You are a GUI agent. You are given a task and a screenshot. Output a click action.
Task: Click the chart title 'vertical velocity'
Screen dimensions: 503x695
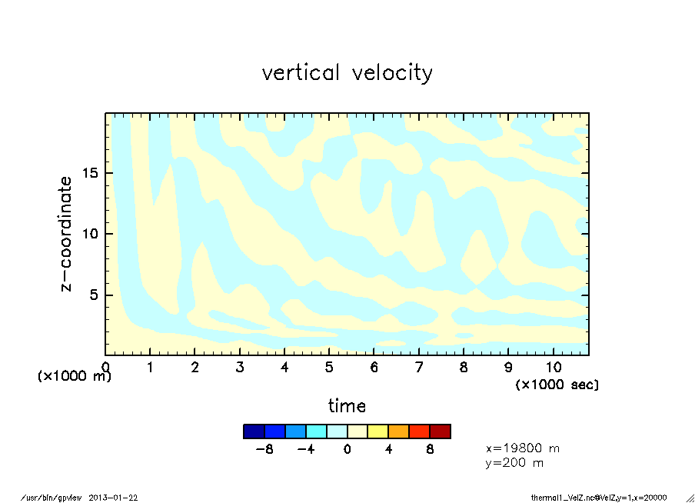[x=347, y=73]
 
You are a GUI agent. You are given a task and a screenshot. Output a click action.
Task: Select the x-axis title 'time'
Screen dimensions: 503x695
[x=347, y=405]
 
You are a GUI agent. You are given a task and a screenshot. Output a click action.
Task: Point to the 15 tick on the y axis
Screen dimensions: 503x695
[x=91, y=172]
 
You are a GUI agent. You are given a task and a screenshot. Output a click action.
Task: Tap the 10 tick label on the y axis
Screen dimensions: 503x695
[x=91, y=234]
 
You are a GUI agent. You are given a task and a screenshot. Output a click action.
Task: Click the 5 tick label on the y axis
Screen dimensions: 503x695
[x=94, y=295]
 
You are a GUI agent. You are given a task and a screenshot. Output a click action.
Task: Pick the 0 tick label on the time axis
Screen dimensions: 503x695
[x=105, y=368]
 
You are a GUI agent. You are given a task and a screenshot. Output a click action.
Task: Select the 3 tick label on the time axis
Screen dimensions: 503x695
[x=240, y=368]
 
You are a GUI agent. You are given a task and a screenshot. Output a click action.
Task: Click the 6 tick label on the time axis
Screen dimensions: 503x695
[x=374, y=368]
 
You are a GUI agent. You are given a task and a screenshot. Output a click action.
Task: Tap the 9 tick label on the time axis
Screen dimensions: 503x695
[x=508, y=368]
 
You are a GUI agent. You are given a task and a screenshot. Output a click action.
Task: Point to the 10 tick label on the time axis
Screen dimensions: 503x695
[x=554, y=368]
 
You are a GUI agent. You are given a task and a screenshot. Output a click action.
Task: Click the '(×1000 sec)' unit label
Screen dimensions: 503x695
[x=557, y=384]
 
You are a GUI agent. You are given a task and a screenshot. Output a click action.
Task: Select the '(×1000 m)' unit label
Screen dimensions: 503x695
[x=75, y=377]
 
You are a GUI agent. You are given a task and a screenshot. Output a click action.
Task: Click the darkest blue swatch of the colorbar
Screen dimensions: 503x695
[x=254, y=431]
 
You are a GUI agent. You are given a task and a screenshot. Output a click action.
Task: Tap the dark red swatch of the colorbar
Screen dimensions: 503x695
[x=440, y=431]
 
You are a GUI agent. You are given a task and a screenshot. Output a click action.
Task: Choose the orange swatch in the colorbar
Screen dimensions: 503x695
[x=398, y=431]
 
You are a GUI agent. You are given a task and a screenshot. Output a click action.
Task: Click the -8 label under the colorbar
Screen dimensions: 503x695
[x=265, y=449]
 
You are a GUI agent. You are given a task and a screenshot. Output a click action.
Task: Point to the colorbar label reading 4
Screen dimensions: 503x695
[x=388, y=449]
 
